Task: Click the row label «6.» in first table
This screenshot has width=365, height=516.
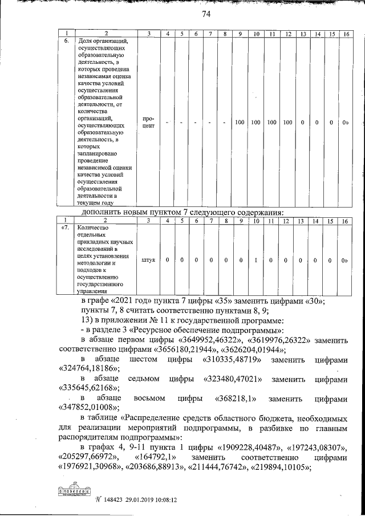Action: (66, 42)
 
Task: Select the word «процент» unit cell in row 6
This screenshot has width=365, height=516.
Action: (148, 123)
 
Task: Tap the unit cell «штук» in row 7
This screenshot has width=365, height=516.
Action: (148, 259)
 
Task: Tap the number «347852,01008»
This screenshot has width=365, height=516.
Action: (88, 407)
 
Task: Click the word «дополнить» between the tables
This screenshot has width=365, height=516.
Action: (102, 213)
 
